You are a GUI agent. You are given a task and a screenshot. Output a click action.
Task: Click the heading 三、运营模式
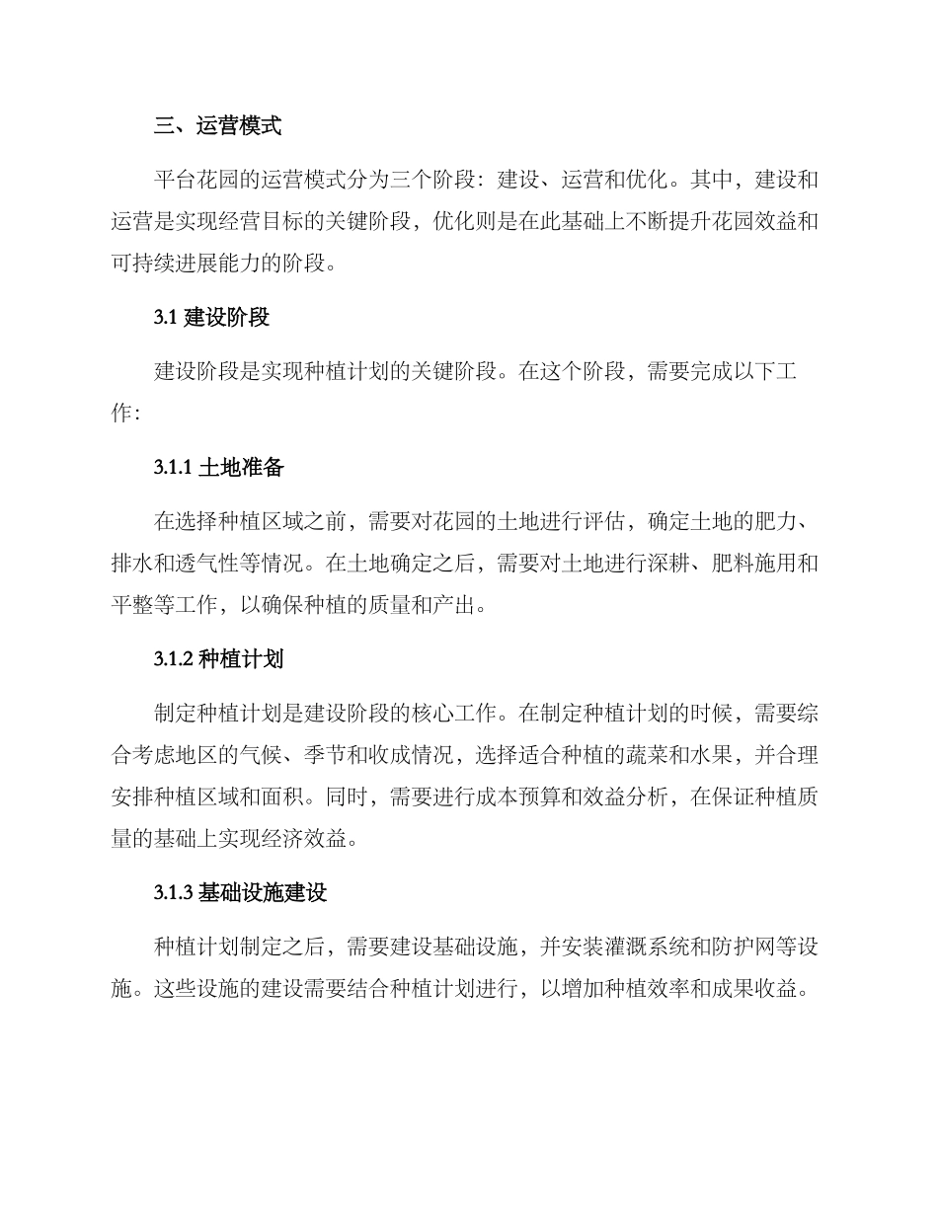[x=217, y=126]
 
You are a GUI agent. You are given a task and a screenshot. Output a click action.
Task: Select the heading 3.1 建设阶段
[x=211, y=317]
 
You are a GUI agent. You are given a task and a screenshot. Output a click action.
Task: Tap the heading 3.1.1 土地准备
[x=218, y=467]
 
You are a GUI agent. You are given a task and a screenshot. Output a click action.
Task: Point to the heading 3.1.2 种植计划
[x=218, y=658]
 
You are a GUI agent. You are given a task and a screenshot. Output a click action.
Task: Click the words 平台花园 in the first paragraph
[x=197, y=180]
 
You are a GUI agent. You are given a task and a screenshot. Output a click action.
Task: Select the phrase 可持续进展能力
[x=186, y=263]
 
